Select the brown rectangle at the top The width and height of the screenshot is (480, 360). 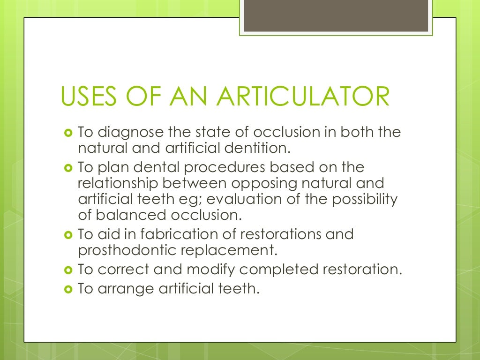click(x=336, y=16)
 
